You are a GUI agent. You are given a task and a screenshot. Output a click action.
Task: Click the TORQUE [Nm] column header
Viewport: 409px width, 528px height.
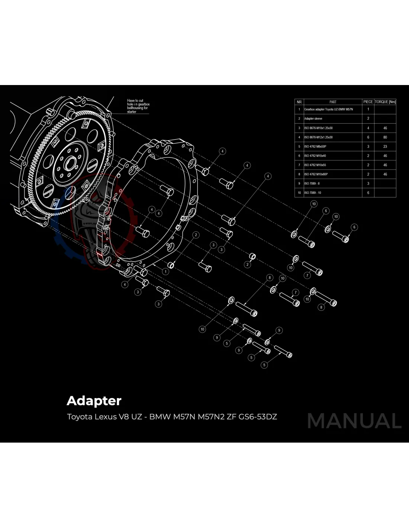(385, 102)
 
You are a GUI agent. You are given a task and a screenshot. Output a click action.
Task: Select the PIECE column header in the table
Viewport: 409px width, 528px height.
(368, 102)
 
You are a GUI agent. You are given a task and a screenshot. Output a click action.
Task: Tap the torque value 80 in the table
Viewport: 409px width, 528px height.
(385, 137)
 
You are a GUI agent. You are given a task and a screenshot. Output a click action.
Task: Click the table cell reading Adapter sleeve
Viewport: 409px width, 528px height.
(313, 119)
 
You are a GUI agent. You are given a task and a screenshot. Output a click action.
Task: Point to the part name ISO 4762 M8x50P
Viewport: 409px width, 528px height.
(315, 147)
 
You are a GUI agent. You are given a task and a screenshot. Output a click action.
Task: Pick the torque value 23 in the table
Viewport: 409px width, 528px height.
(385, 147)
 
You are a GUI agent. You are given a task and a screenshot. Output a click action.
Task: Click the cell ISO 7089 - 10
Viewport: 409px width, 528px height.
(313, 193)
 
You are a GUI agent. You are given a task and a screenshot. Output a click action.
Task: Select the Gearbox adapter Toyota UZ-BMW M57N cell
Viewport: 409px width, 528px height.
(328, 110)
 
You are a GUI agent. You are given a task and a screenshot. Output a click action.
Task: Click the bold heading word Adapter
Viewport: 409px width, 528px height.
(94, 401)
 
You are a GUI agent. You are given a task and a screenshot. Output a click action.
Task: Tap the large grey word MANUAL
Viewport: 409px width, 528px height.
(354, 421)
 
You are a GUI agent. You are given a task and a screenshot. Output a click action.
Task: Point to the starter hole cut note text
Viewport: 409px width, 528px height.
(138, 106)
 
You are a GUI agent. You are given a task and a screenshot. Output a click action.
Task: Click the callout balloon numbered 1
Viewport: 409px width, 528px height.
(165, 271)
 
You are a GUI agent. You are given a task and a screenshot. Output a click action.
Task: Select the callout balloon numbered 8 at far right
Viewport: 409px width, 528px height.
(321, 307)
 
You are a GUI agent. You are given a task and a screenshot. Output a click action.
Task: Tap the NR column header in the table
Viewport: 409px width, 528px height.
(299, 102)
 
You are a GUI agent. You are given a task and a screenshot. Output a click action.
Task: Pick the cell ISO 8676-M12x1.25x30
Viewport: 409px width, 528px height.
(318, 137)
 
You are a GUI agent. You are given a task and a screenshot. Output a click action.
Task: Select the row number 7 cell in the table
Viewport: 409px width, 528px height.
(299, 165)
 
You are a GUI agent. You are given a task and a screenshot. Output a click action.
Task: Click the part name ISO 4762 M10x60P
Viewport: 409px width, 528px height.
(316, 174)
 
